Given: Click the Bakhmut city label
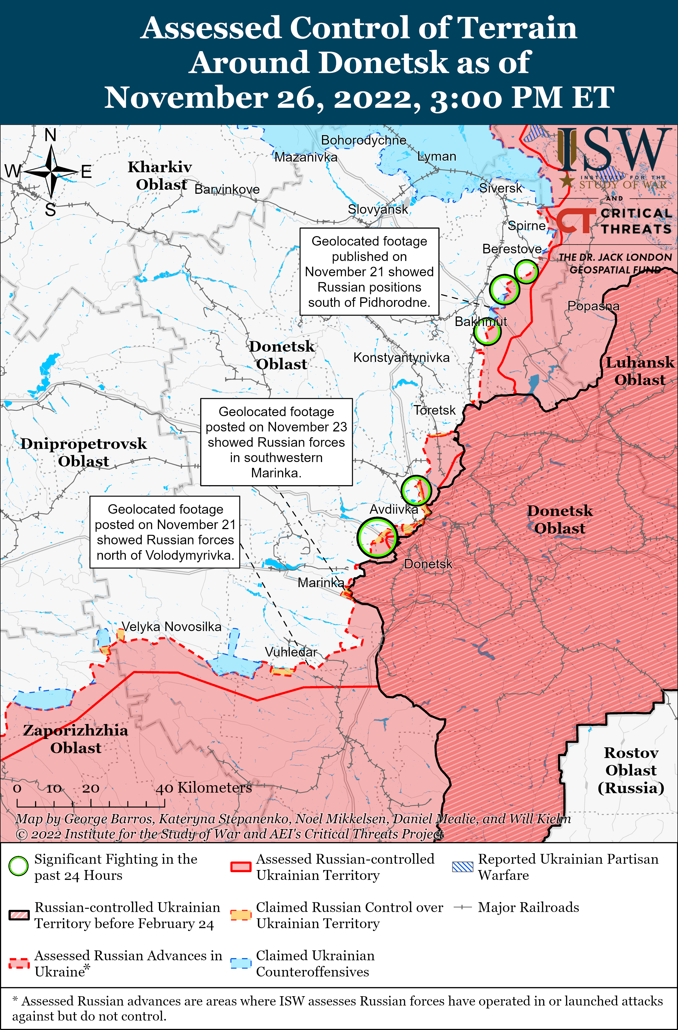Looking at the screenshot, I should pyautogui.click(x=480, y=322).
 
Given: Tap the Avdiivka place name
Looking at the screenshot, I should pyautogui.click(x=394, y=509).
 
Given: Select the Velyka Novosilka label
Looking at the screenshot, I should pyautogui.click(x=171, y=627).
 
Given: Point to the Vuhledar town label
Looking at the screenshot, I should pyautogui.click(x=291, y=652).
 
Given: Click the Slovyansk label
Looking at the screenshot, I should pyautogui.click(x=378, y=209).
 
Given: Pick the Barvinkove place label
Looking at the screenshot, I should pyautogui.click(x=227, y=189).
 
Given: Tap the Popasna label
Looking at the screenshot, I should pyautogui.click(x=593, y=306).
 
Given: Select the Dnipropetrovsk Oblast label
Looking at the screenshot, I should pyautogui.click(x=83, y=452).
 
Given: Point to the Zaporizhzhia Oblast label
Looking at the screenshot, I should pyautogui.click(x=76, y=739).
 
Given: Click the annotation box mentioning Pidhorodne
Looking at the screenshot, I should pyautogui.click(x=369, y=272).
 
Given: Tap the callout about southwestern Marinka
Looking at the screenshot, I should pyautogui.click(x=276, y=442).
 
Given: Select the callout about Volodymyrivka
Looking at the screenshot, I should pyautogui.click(x=165, y=532).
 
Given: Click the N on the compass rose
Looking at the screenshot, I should pyautogui.click(x=51, y=135).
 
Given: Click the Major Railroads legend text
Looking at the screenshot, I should pyautogui.click(x=528, y=907).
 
